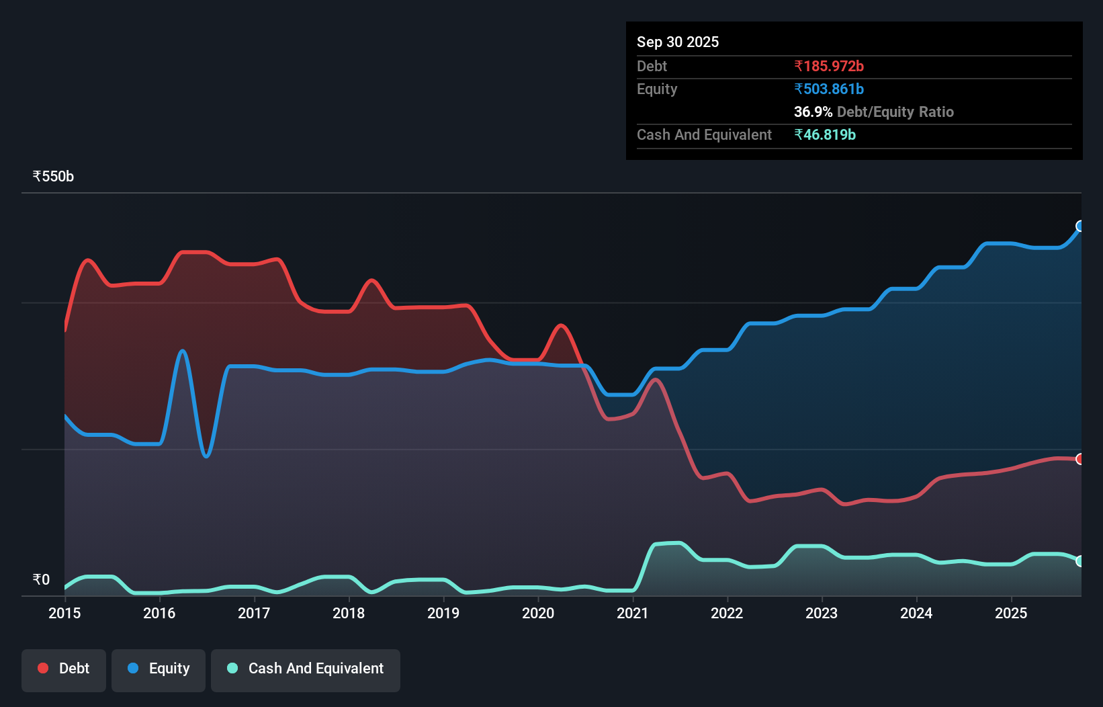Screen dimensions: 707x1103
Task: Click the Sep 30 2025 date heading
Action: click(x=677, y=42)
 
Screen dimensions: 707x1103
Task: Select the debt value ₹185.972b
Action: click(x=828, y=66)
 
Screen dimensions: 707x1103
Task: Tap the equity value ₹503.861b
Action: click(x=828, y=89)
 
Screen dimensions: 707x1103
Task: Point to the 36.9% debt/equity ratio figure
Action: click(x=813, y=112)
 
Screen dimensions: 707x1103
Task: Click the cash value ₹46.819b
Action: click(x=824, y=134)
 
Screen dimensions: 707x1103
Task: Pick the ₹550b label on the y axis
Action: click(x=53, y=176)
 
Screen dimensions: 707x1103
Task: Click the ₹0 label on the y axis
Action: click(x=41, y=579)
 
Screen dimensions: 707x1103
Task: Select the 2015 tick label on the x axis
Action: click(x=64, y=613)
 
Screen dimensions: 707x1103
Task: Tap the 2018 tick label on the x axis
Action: click(x=349, y=613)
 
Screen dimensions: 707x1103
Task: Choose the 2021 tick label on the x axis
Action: click(x=633, y=613)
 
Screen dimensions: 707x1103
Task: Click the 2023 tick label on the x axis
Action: click(x=822, y=613)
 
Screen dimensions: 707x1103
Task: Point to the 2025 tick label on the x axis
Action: click(x=1011, y=613)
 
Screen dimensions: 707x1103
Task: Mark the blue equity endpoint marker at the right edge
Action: click(x=1080, y=226)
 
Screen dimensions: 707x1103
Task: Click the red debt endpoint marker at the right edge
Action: click(x=1080, y=459)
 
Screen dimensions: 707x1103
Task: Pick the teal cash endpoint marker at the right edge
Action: click(x=1080, y=561)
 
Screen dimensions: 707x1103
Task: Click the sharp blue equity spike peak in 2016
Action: click(x=183, y=351)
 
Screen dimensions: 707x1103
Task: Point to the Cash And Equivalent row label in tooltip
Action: click(x=704, y=134)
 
